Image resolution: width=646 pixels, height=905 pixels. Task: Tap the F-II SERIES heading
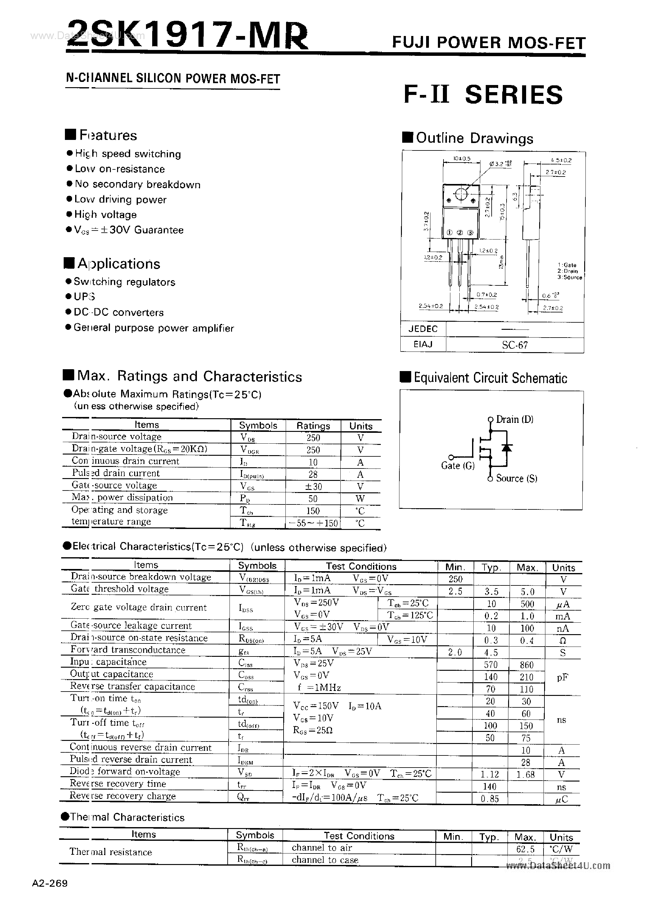[x=483, y=95]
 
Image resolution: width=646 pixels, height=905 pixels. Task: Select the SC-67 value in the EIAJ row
[x=514, y=345]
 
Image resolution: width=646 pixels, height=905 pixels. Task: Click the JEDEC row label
[x=423, y=329]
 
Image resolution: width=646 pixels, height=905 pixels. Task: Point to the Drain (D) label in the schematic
[x=514, y=419]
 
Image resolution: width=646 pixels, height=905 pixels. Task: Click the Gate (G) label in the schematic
[x=458, y=466]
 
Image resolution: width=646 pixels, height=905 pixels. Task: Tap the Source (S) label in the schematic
[x=516, y=478]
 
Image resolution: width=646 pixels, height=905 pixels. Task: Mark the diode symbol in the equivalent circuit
[x=506, y=447]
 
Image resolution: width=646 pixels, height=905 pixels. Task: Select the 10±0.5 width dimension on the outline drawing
[x=462, y=159]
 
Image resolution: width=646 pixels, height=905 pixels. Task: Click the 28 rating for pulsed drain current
[x=313, y=474]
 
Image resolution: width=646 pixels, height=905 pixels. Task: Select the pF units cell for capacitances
[x=562, y=677]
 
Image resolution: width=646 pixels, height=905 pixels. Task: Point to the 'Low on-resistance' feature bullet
[x=119, y=169]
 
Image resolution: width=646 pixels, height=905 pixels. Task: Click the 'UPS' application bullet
[x=84, y=297]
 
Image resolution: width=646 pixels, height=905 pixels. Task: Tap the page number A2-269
[x=50, y=884]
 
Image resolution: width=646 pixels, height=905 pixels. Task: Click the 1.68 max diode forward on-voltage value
[x=526, y=774]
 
